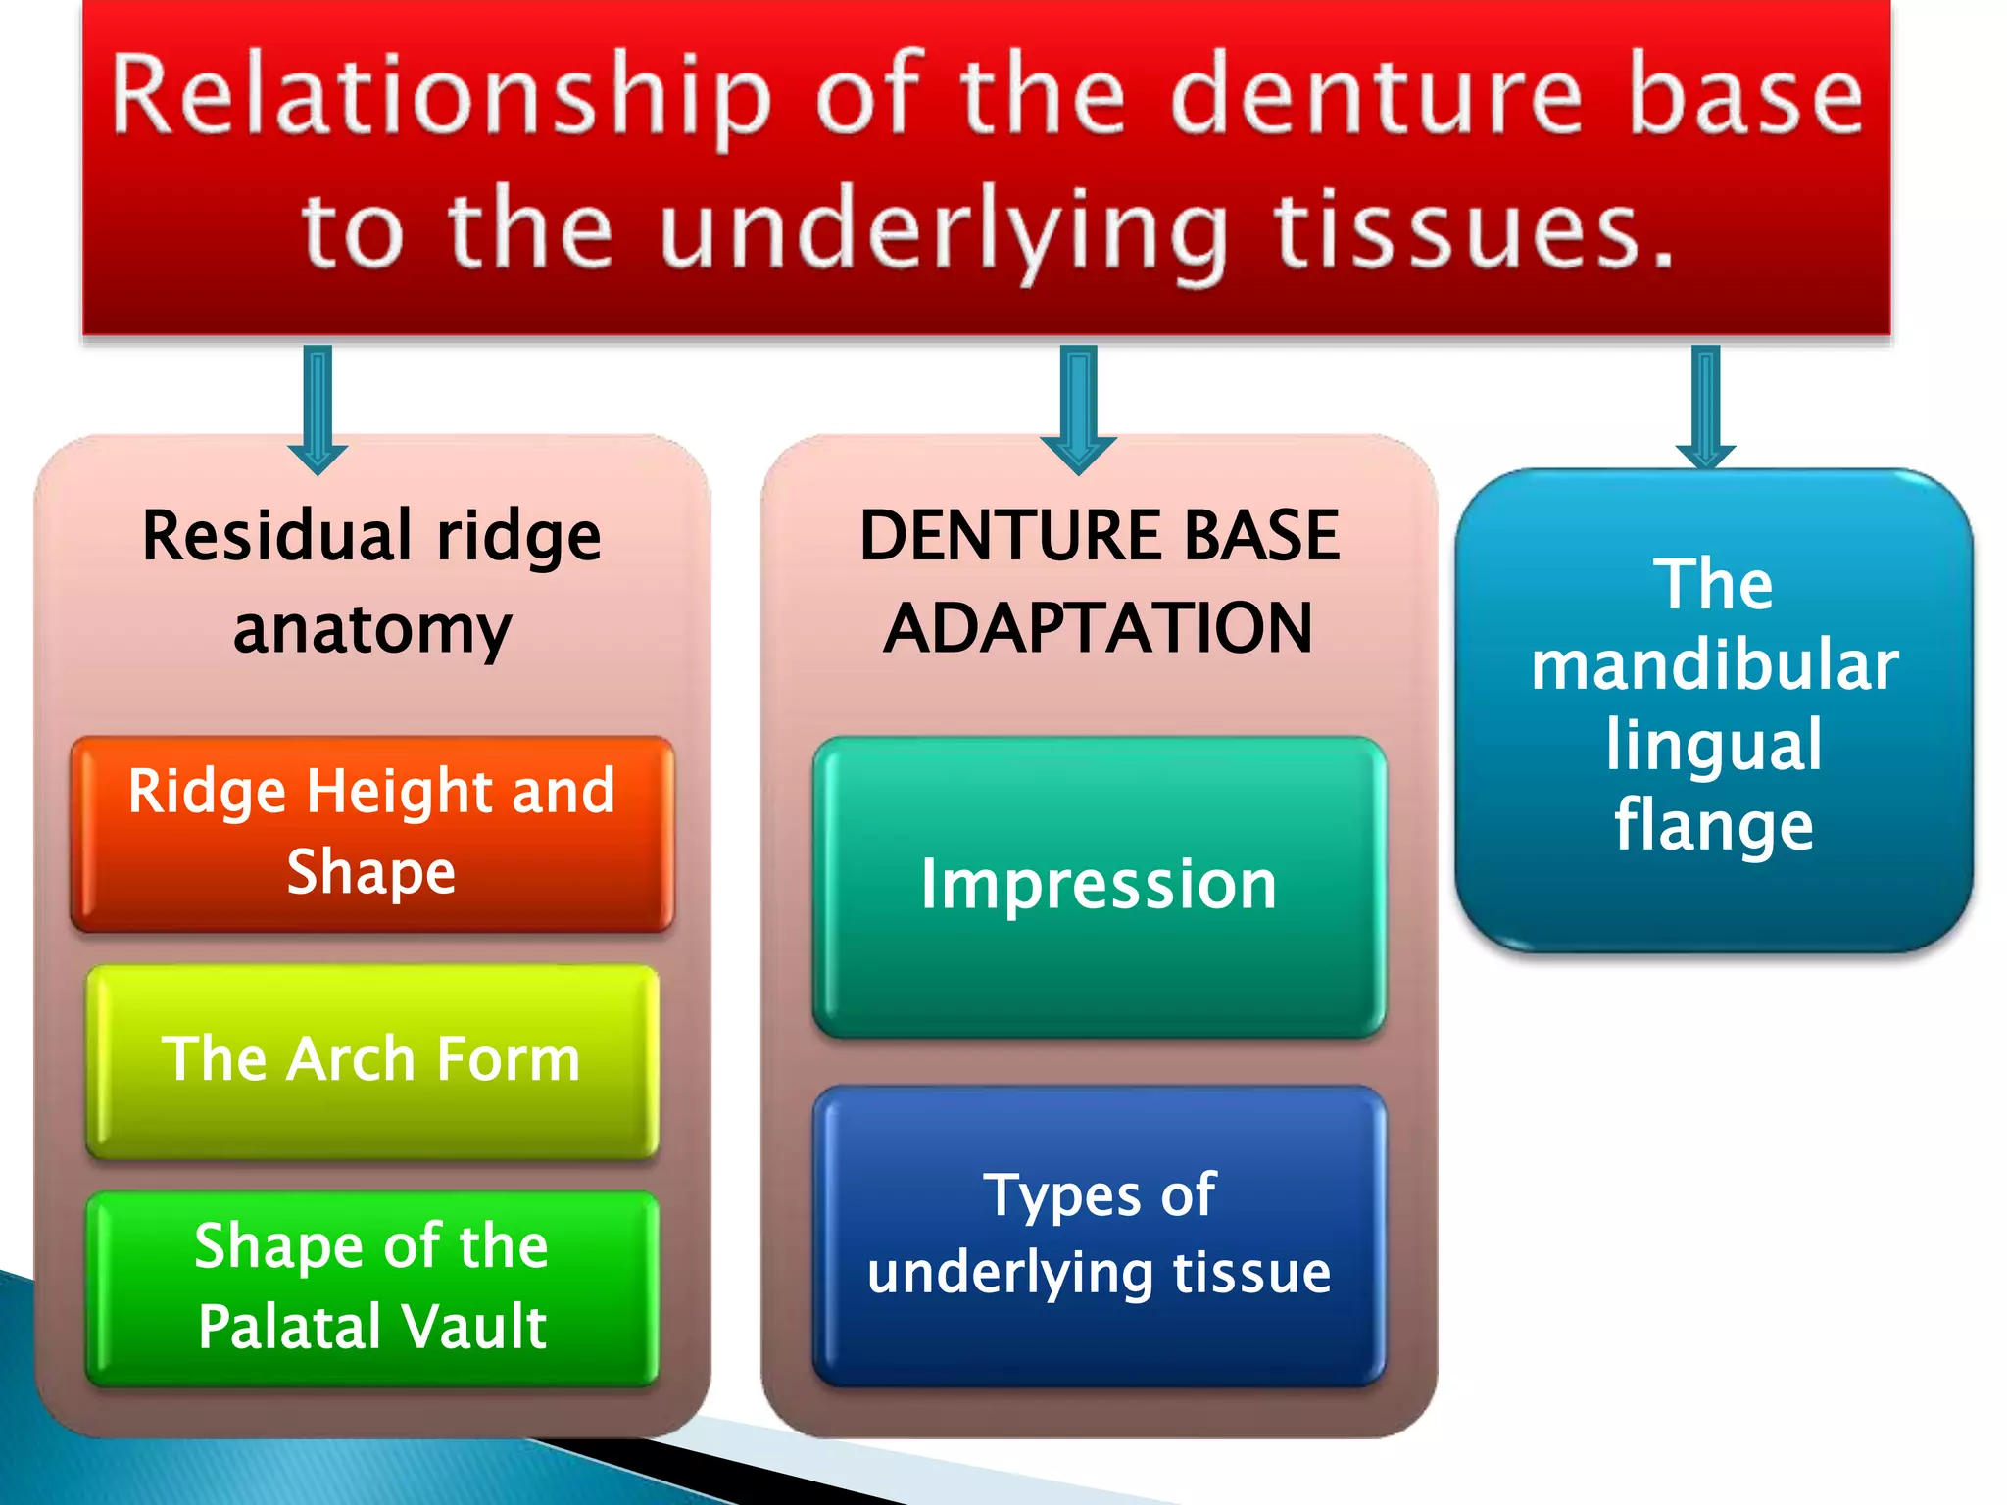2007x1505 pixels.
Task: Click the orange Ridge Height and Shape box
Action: (x=372, y=833)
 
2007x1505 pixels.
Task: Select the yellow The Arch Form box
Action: (x=372, y=1061)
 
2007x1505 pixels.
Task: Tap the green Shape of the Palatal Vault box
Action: (x=372, y=1287)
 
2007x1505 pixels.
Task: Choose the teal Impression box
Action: (x=1099, y=886)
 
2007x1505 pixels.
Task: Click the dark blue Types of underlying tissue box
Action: (x=1099, y=1235)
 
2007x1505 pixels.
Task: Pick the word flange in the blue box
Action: (x=1714, y=826)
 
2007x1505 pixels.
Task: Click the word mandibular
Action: (x=1714, y=666)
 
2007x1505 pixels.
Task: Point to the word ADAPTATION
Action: (x=1099, y=628)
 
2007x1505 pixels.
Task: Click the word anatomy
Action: (x=372, y=628)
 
